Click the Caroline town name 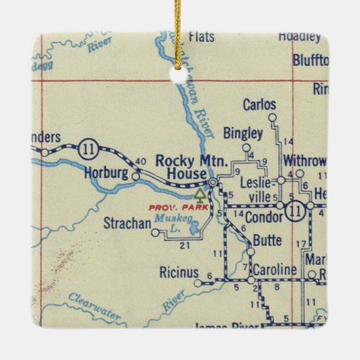pyautogui.click(x=274, y=270)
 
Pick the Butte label pyautogui.click(x=268, y=240)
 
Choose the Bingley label pyautogui.click(x=242, y=133)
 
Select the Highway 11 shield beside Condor pyautogui.click(x=294, y=209)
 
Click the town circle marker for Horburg pyautogui.click(x=136, y=176)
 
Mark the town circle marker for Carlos pyautogui.click(x=272, y=117)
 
